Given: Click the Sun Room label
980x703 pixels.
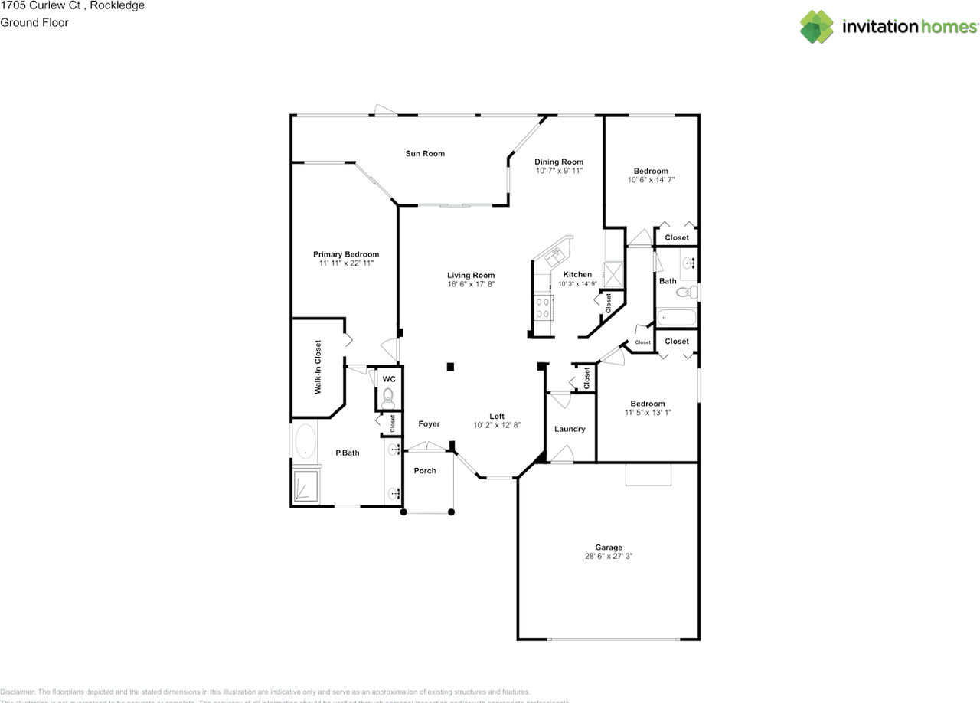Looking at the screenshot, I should [x=425, y=154].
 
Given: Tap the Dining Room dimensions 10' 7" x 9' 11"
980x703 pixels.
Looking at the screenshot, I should [x=558, y=171].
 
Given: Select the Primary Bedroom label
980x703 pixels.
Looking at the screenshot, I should [x=346, y=254].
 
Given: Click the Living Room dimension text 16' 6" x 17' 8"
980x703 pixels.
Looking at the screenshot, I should [x=471, y=284].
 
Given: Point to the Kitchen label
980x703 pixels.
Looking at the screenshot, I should [x=577, y=274].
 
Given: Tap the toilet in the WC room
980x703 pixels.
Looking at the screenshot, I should [x=388, y=397].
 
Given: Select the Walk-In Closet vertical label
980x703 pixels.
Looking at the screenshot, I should [x=317, y=368].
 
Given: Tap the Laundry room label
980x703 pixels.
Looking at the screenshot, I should [x=570, y=429].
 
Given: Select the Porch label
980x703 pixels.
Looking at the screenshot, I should [x=425, y=470].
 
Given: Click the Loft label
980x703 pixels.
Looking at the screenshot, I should [x=497, y=416].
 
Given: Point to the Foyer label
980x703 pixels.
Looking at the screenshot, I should [x=429, y=423].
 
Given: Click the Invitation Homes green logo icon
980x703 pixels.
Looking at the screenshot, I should [x=817, y=26].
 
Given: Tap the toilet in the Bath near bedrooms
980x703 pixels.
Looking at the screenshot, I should [x=692, y=291].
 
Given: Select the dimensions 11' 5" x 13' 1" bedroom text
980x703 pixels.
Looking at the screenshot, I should [x=647, y=413].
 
